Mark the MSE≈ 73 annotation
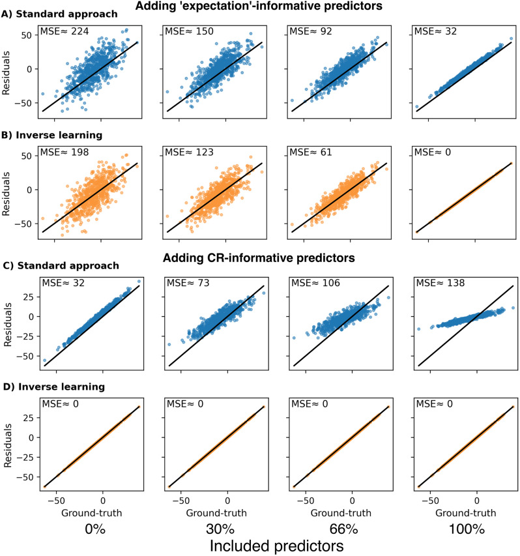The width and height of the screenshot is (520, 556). click(188, 283)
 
